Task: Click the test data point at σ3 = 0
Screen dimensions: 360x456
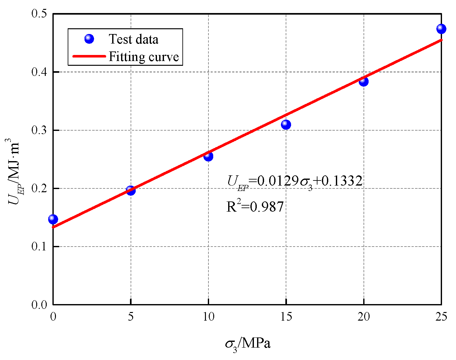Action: [53, 219]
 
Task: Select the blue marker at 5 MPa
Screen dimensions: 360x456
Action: [131, 191]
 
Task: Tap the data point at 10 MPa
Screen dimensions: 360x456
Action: [208, 156]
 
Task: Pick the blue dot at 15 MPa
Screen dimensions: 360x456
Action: [286, 124]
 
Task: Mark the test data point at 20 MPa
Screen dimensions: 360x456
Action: [364, 81]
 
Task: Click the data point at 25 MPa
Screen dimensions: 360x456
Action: [441, 29]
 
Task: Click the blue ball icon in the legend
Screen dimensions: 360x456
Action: [89, 39]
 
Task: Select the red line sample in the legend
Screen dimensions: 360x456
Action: [89, 56]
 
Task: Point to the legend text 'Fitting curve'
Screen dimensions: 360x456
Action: [144, 57]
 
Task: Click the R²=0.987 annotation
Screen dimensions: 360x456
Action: [255, 207]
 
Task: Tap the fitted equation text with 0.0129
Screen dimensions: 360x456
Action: [295, 182]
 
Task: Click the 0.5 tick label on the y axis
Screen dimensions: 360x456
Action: [39, 14]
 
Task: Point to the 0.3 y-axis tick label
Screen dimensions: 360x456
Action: [39, 130]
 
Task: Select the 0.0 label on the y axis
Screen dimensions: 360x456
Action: [39, 305]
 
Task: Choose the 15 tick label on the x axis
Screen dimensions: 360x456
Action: [286, 317]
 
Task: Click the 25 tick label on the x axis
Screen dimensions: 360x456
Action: [441, 317]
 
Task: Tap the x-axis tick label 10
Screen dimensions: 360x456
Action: [208, 317]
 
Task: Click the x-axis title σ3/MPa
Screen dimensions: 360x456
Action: [248, 344]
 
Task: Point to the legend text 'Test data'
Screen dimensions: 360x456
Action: [133, 39]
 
